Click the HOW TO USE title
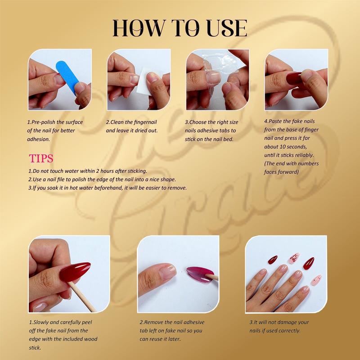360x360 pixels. pyautogui.click(x=180, y=27)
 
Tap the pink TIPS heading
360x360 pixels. pyautogui.click(x=41, y=158)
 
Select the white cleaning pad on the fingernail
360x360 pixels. pyautogui.click(x=144, y=74)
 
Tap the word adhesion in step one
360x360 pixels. pyautogui.click(x=39, y=139)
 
